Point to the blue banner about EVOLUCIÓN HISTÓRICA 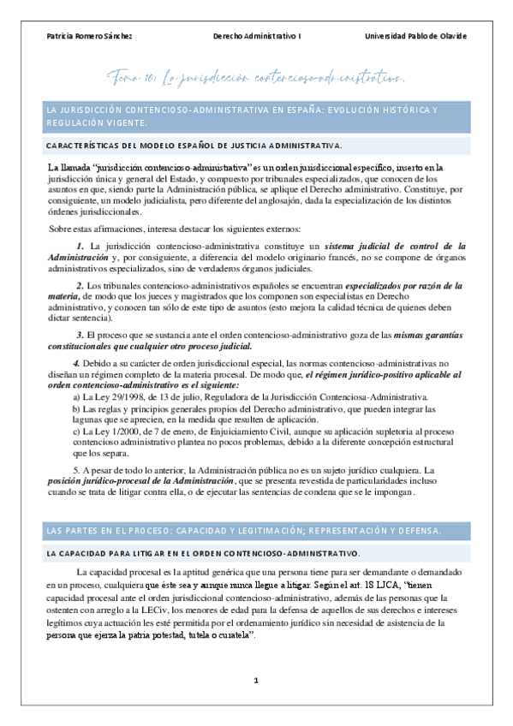tap(257, 117)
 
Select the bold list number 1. tap(81, 247)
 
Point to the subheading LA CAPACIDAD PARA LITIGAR tap(204, 554)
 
